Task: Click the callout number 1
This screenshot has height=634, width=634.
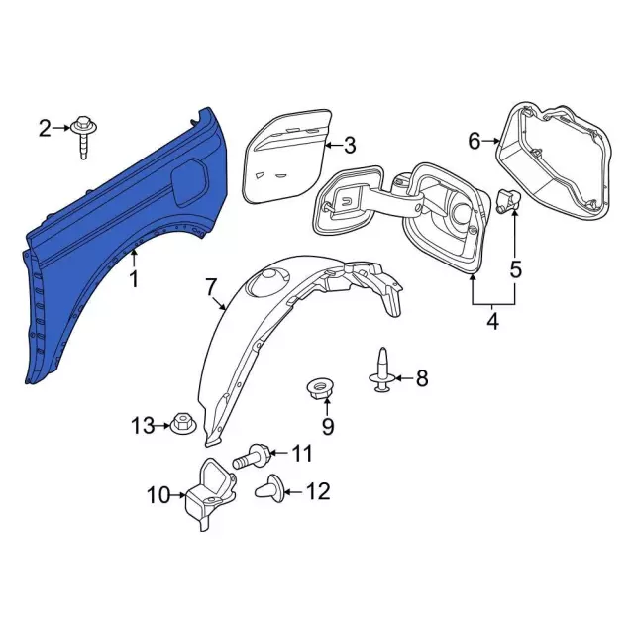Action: pyautogui.click(x=134, y=279)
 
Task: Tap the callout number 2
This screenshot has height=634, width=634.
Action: pyautogui.click(x=45, y=127)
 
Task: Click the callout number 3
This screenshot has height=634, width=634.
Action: pyautogui.click(x=349, y=146)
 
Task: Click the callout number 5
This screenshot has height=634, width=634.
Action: pyautogui.click(x=515, y=268)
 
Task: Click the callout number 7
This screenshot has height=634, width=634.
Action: pyautogui.click(x=211, y=288)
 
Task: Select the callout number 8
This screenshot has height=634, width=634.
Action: pyautogui.click(x=421, y=376)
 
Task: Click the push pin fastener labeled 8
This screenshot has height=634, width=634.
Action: pyautogui.click(x=383, y=370)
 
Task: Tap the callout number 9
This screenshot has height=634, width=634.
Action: pyautogui.click(x=328, y=427)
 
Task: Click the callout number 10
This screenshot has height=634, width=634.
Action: pyautogui.click(x=159, y=494)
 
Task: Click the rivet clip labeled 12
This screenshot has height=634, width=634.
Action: pyautogui.click(x=269, y=487)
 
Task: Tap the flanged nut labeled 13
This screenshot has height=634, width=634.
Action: pyautogui.click(x=182, y=426)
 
